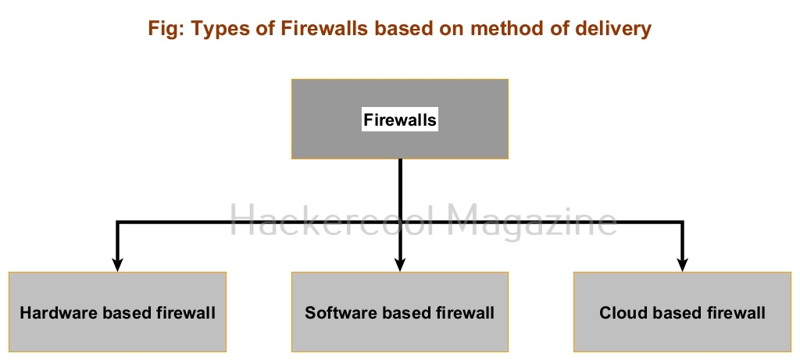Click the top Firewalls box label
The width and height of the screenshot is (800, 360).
coord(400,119)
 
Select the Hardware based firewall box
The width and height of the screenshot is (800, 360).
coord(117,312)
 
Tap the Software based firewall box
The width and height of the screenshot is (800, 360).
coord(400,312)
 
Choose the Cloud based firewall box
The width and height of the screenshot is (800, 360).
coord(682,312)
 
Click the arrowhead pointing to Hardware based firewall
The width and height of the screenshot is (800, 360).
coord(117,265)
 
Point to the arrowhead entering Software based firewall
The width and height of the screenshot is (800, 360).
coord(400,265)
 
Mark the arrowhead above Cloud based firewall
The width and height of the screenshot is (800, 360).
coord(682,265)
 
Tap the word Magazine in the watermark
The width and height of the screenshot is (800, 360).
coord(532,221)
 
